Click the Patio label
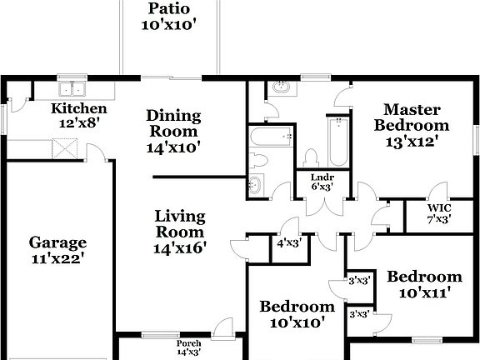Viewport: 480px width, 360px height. point(169,9)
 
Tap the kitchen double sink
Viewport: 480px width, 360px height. point(72,88)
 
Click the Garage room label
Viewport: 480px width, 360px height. point(57,242)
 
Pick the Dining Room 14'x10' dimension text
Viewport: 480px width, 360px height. point(172,147)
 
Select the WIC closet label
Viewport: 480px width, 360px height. point(439,207)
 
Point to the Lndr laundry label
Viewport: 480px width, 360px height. point(322,177)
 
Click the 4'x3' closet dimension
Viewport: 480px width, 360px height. point(288,244)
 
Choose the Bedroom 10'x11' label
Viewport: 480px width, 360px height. point(424,277)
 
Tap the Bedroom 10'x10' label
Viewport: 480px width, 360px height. point(296,307)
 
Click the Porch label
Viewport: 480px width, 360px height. point(189,343)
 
